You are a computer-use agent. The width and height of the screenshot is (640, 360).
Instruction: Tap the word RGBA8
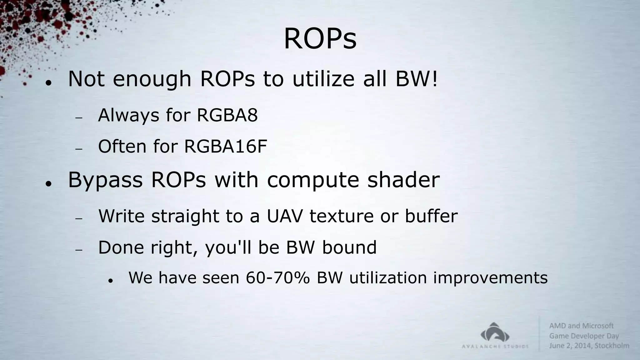[x=227, y=115]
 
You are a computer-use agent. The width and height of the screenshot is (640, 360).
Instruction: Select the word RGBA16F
[x=226, y=146]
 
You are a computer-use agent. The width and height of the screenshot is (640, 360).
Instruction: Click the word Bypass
[x=105, y=180]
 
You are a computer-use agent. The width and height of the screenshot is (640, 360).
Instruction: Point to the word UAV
[x=285, y=216]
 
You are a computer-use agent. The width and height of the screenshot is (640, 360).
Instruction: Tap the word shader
[x=403, y=180]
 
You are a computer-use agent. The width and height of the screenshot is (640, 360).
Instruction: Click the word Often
[x=122, y=146]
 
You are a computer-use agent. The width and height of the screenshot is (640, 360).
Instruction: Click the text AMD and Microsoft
[x=581, y=326]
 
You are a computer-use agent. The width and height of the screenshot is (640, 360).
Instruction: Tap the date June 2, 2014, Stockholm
[x=589, y=346]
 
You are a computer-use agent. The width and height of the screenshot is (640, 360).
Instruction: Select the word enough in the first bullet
[x=152, y=79]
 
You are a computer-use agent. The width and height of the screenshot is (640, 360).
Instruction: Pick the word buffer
[x=431, y=216]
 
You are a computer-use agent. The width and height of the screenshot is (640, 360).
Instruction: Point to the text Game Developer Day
[x=584, y=336]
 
